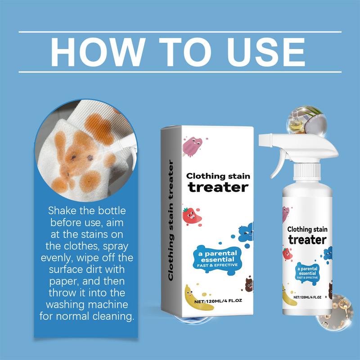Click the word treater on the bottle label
coord(307,239)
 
